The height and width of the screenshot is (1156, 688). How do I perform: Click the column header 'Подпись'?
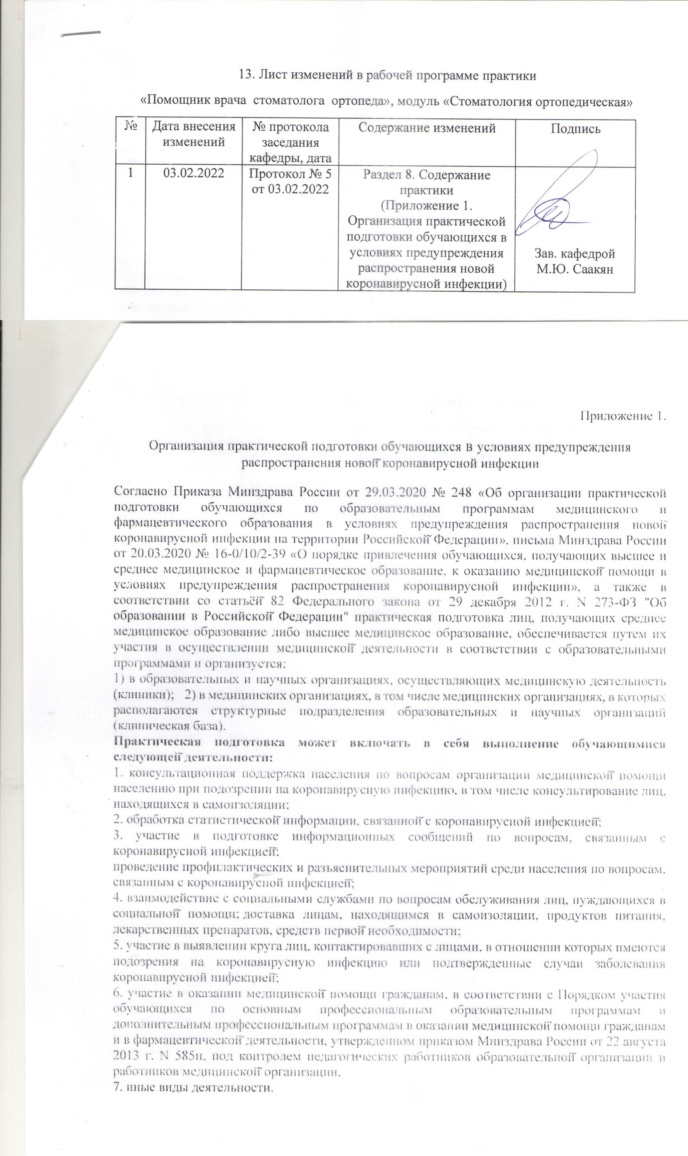click(575, 129)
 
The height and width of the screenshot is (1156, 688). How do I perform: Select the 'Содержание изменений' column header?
click(427, 128)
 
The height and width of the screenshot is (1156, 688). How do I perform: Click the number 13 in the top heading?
click(245, 75)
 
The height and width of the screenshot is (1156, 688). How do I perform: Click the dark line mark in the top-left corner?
click(81, 33)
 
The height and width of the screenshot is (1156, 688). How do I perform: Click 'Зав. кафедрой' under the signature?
click(575, 254)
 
